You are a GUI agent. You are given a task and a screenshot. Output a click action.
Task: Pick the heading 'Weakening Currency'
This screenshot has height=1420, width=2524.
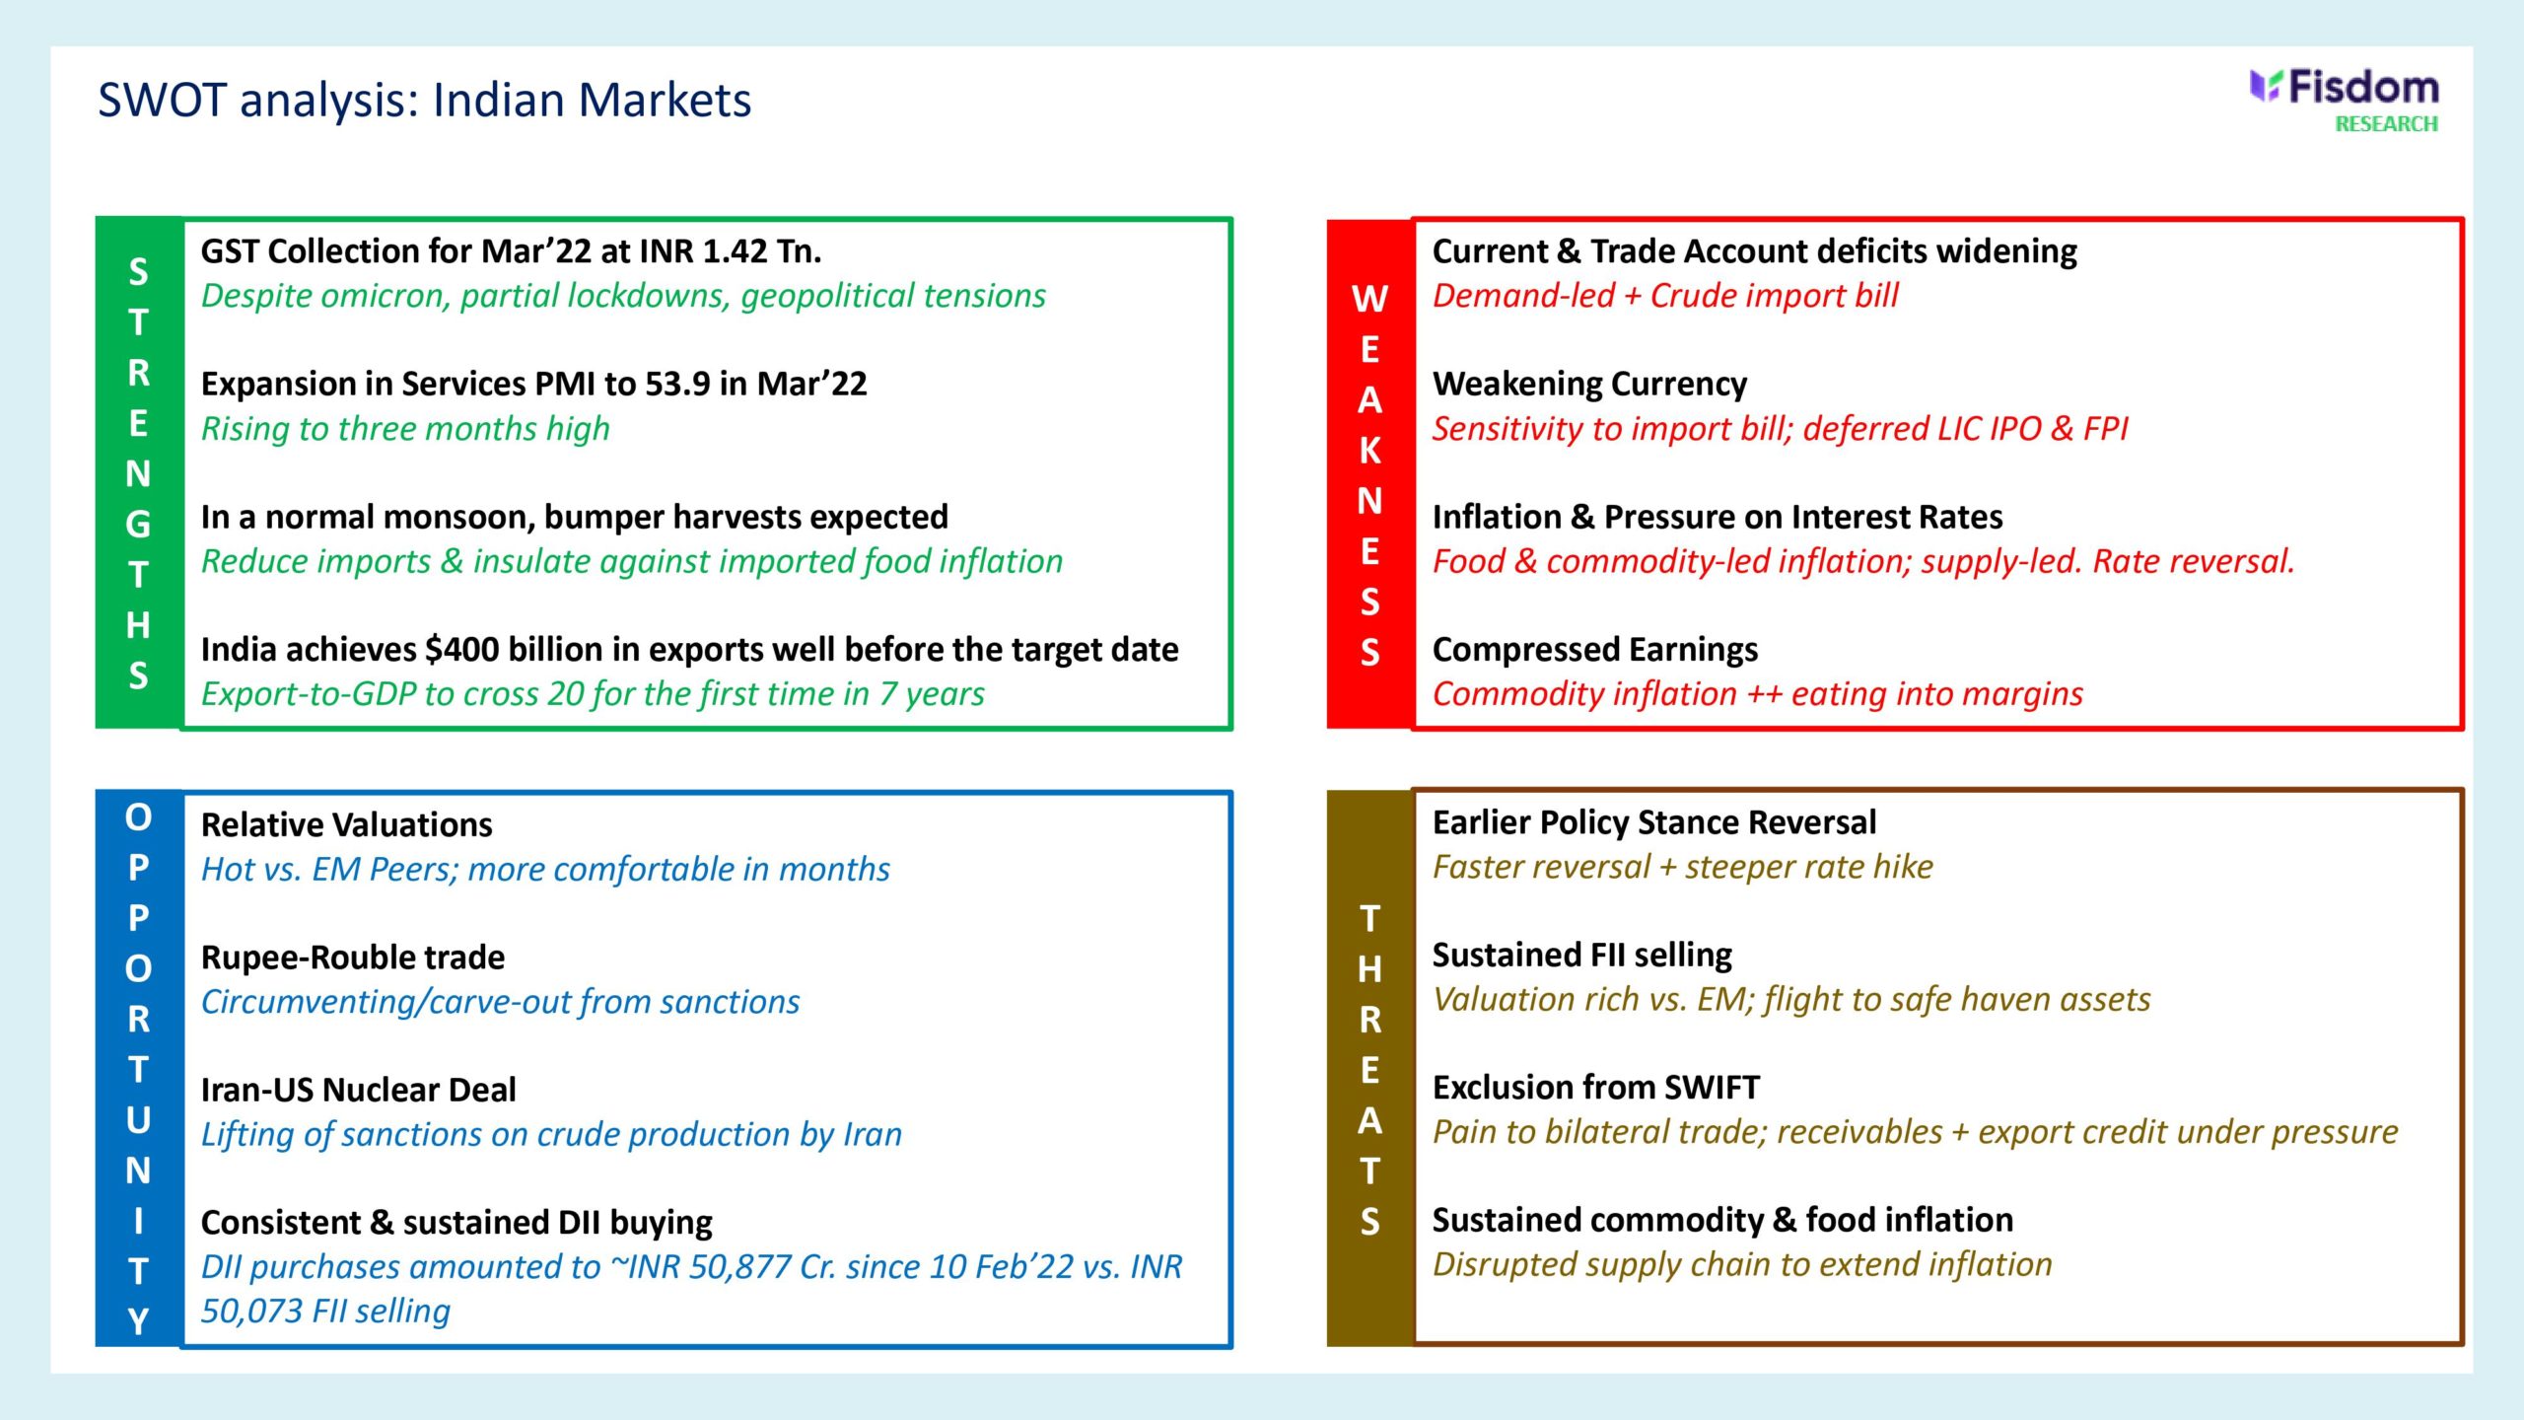[1589, 385]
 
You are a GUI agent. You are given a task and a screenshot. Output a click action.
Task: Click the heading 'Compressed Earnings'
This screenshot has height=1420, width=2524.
[1595, 651]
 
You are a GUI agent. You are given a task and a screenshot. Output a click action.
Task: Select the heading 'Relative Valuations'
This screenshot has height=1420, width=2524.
[347, 824]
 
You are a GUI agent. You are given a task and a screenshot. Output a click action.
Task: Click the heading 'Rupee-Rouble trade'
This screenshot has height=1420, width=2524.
[353, 958]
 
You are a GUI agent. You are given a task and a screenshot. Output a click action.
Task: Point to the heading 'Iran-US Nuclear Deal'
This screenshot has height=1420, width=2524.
[359, 1090]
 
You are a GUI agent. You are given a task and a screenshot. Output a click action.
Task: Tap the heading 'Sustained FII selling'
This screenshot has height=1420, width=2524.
[1582, 956]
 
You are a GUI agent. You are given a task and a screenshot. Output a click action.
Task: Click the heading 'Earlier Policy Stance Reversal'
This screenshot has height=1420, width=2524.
[1654, 823]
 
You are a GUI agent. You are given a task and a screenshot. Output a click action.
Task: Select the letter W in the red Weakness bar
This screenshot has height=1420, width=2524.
[1370, 299]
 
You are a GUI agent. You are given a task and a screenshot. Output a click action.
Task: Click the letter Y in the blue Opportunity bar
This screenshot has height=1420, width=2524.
[139, 1321]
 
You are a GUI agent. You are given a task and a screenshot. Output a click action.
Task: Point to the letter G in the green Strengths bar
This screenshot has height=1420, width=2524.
[139, 525]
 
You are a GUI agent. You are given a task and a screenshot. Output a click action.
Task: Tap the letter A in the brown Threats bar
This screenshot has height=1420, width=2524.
[1370, 1121]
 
